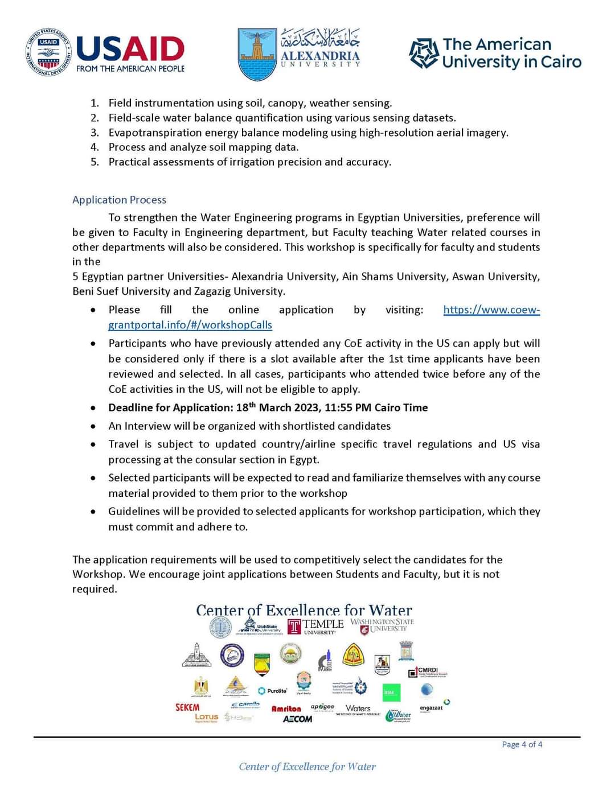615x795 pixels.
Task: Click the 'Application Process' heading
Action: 119,200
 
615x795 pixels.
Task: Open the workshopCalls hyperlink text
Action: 190,325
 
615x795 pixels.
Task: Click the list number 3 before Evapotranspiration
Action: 95,133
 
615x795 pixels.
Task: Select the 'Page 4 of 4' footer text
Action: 522,744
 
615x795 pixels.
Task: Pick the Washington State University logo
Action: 382,625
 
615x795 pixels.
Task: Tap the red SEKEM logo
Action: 187,707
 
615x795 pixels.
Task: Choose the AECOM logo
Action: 297,719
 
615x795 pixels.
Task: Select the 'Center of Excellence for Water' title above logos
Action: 304,610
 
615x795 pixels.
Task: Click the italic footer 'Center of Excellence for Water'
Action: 307,767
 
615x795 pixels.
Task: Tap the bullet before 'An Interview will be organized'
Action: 93,426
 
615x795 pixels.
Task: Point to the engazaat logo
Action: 431,708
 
